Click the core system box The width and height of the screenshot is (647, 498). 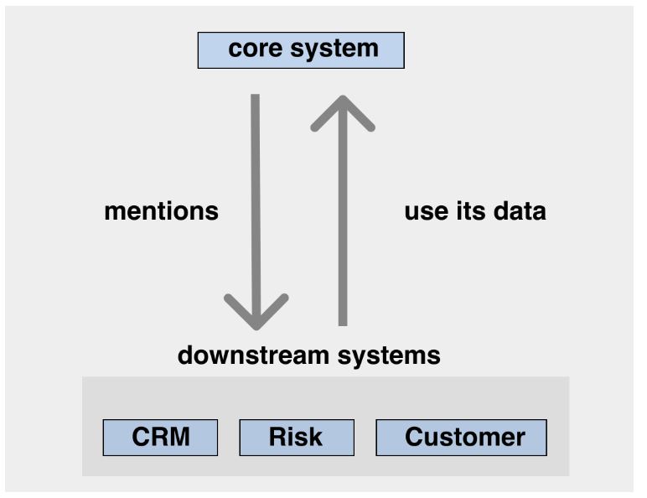pos(301,50)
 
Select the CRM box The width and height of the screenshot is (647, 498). pos(160,438)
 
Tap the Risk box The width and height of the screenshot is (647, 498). pos(297,438)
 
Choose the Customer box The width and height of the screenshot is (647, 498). pos(461,438)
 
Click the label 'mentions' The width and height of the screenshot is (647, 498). pos(162,211)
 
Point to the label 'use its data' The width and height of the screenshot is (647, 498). pos(475,211)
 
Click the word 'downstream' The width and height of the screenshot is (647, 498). pos(253,355)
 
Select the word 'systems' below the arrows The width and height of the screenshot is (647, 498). pos(389,356)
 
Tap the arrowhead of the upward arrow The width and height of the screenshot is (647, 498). pos(343,113)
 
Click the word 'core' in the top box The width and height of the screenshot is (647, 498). pos(256,49)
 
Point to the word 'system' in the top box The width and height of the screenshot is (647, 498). pos(334,50)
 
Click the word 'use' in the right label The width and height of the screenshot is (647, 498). pos(427,213)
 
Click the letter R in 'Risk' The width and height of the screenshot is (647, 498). pos(277,437)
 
